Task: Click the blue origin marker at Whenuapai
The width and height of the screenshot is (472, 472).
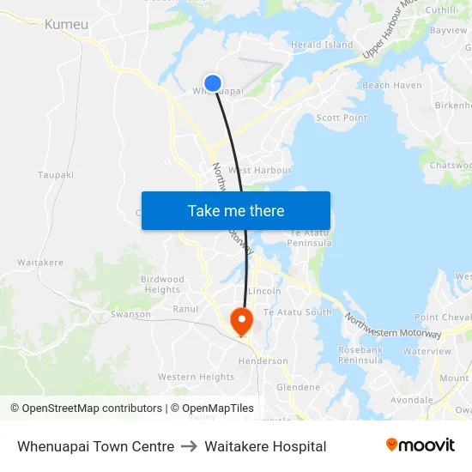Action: [x=213, y=83]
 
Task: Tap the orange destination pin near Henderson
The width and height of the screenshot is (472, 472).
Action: [x=242, y=320]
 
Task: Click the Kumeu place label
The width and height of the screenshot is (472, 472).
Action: [x=66, y=25]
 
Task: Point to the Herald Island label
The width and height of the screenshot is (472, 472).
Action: [x=322, y=45]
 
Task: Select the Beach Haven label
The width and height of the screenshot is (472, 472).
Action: [x=392, y=86]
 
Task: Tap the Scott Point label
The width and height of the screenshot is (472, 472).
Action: [x=342, y=118]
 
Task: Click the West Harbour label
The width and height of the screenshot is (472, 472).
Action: [x=259, y=171]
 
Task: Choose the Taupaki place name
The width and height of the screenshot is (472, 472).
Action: [x=56, y=174]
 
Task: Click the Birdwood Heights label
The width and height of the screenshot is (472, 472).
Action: [x=162, y=284]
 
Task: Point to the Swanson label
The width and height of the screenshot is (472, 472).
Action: [x=130, y=315]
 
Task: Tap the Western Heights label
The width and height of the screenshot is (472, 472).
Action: [x=196, y=377]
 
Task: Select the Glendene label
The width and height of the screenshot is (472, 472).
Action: [x=298, y=387]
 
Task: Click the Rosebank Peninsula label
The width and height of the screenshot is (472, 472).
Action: [x=360, y=354]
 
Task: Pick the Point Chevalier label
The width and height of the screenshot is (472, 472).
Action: [x=443, y=318]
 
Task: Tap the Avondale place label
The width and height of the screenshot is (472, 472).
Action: [x=411, y=400]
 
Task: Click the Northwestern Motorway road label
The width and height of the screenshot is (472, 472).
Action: [x=392, y=326]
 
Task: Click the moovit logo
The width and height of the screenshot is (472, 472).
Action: [x=420, y=445]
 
